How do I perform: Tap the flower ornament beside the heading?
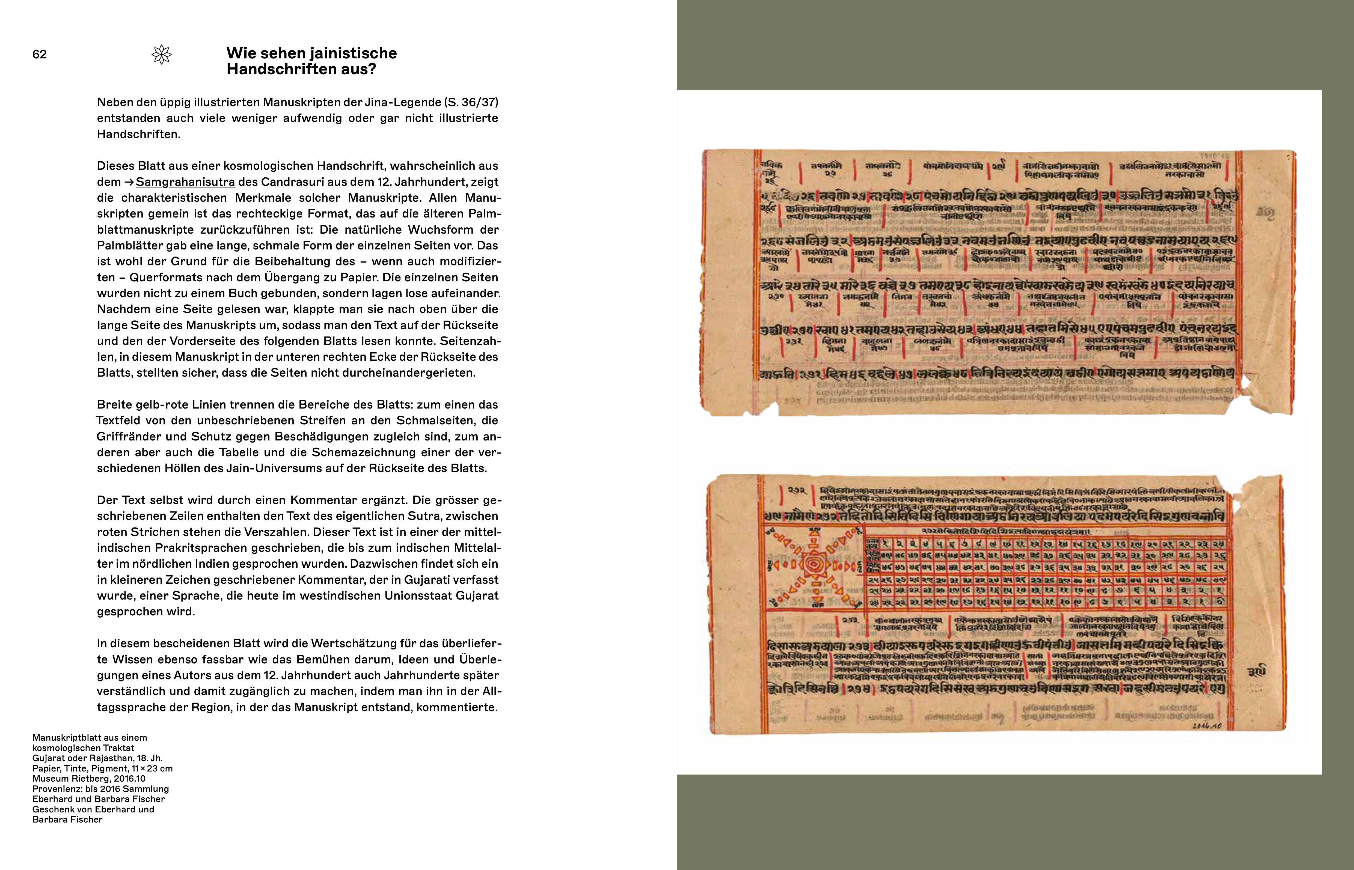(162, 55)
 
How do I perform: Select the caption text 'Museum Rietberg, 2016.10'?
(89, 779)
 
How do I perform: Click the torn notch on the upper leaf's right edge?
(1243, 384)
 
